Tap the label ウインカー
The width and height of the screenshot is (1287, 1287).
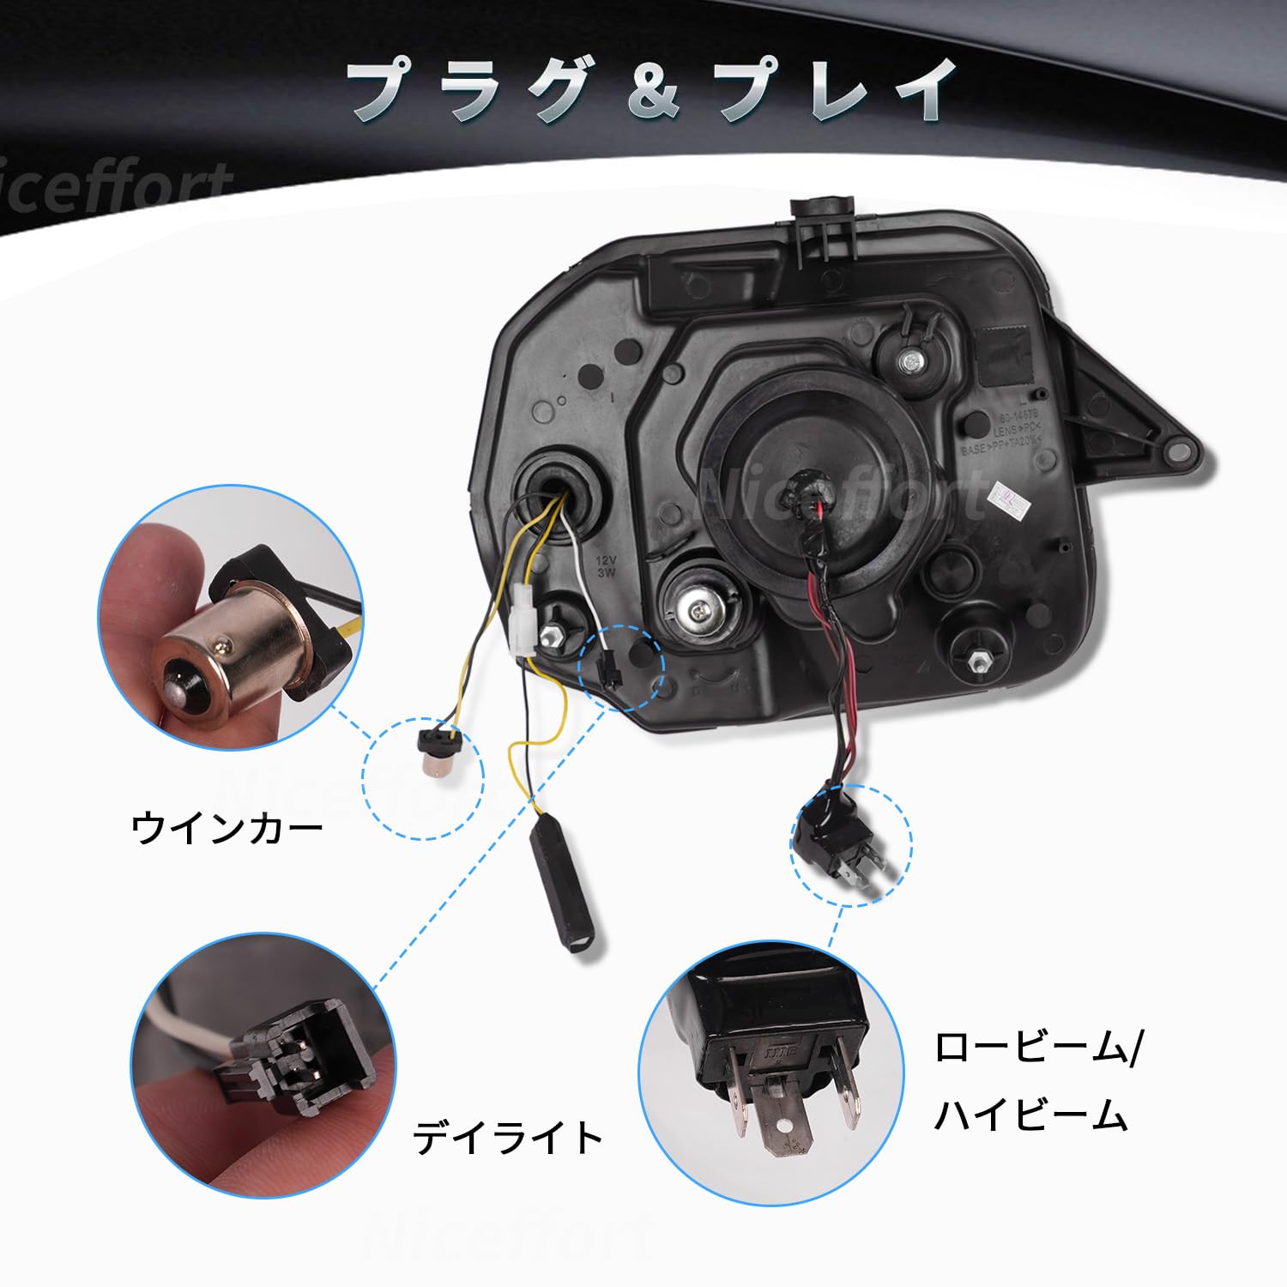(x=227, y=829)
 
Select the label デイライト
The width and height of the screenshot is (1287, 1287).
(x=509, y=1138)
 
